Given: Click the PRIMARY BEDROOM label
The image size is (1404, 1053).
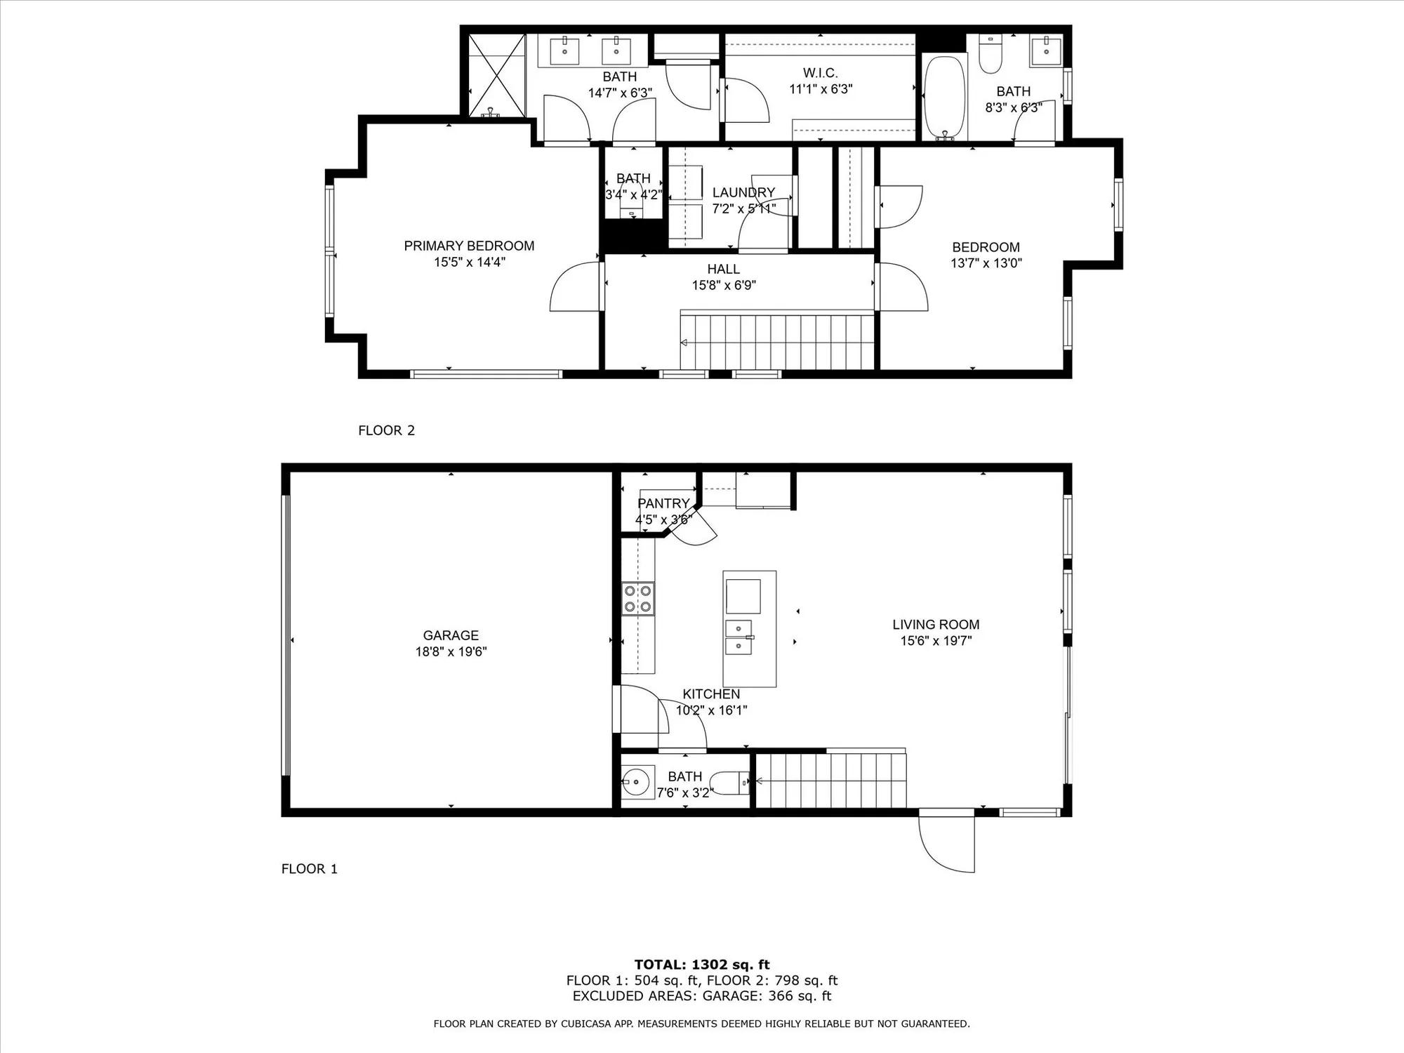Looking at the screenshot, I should (x=469, y=246).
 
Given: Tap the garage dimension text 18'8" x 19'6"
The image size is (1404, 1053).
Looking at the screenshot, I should (x=451, y=651).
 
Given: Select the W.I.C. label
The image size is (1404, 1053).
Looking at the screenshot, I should (x=820, y=73).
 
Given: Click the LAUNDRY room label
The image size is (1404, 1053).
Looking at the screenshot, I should (x=743, y=192).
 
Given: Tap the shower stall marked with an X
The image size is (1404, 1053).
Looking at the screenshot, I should (x=496, y=75).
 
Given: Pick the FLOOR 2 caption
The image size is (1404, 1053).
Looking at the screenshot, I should (x=386, y=430).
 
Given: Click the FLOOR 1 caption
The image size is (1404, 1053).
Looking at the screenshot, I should (x=309, y=869).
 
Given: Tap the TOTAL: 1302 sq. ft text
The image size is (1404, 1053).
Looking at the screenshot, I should (x=702, y=965).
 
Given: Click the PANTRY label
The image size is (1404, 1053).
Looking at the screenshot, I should (x=663, y=503).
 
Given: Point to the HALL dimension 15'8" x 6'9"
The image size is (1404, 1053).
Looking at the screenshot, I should (x=723, y=285).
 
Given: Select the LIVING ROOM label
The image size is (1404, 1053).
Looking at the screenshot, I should (x=936, y=624).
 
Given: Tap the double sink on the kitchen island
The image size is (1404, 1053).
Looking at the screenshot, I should (x=739, y=637).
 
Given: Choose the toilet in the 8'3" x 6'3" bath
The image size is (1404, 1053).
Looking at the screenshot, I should (x=990, y=56).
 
